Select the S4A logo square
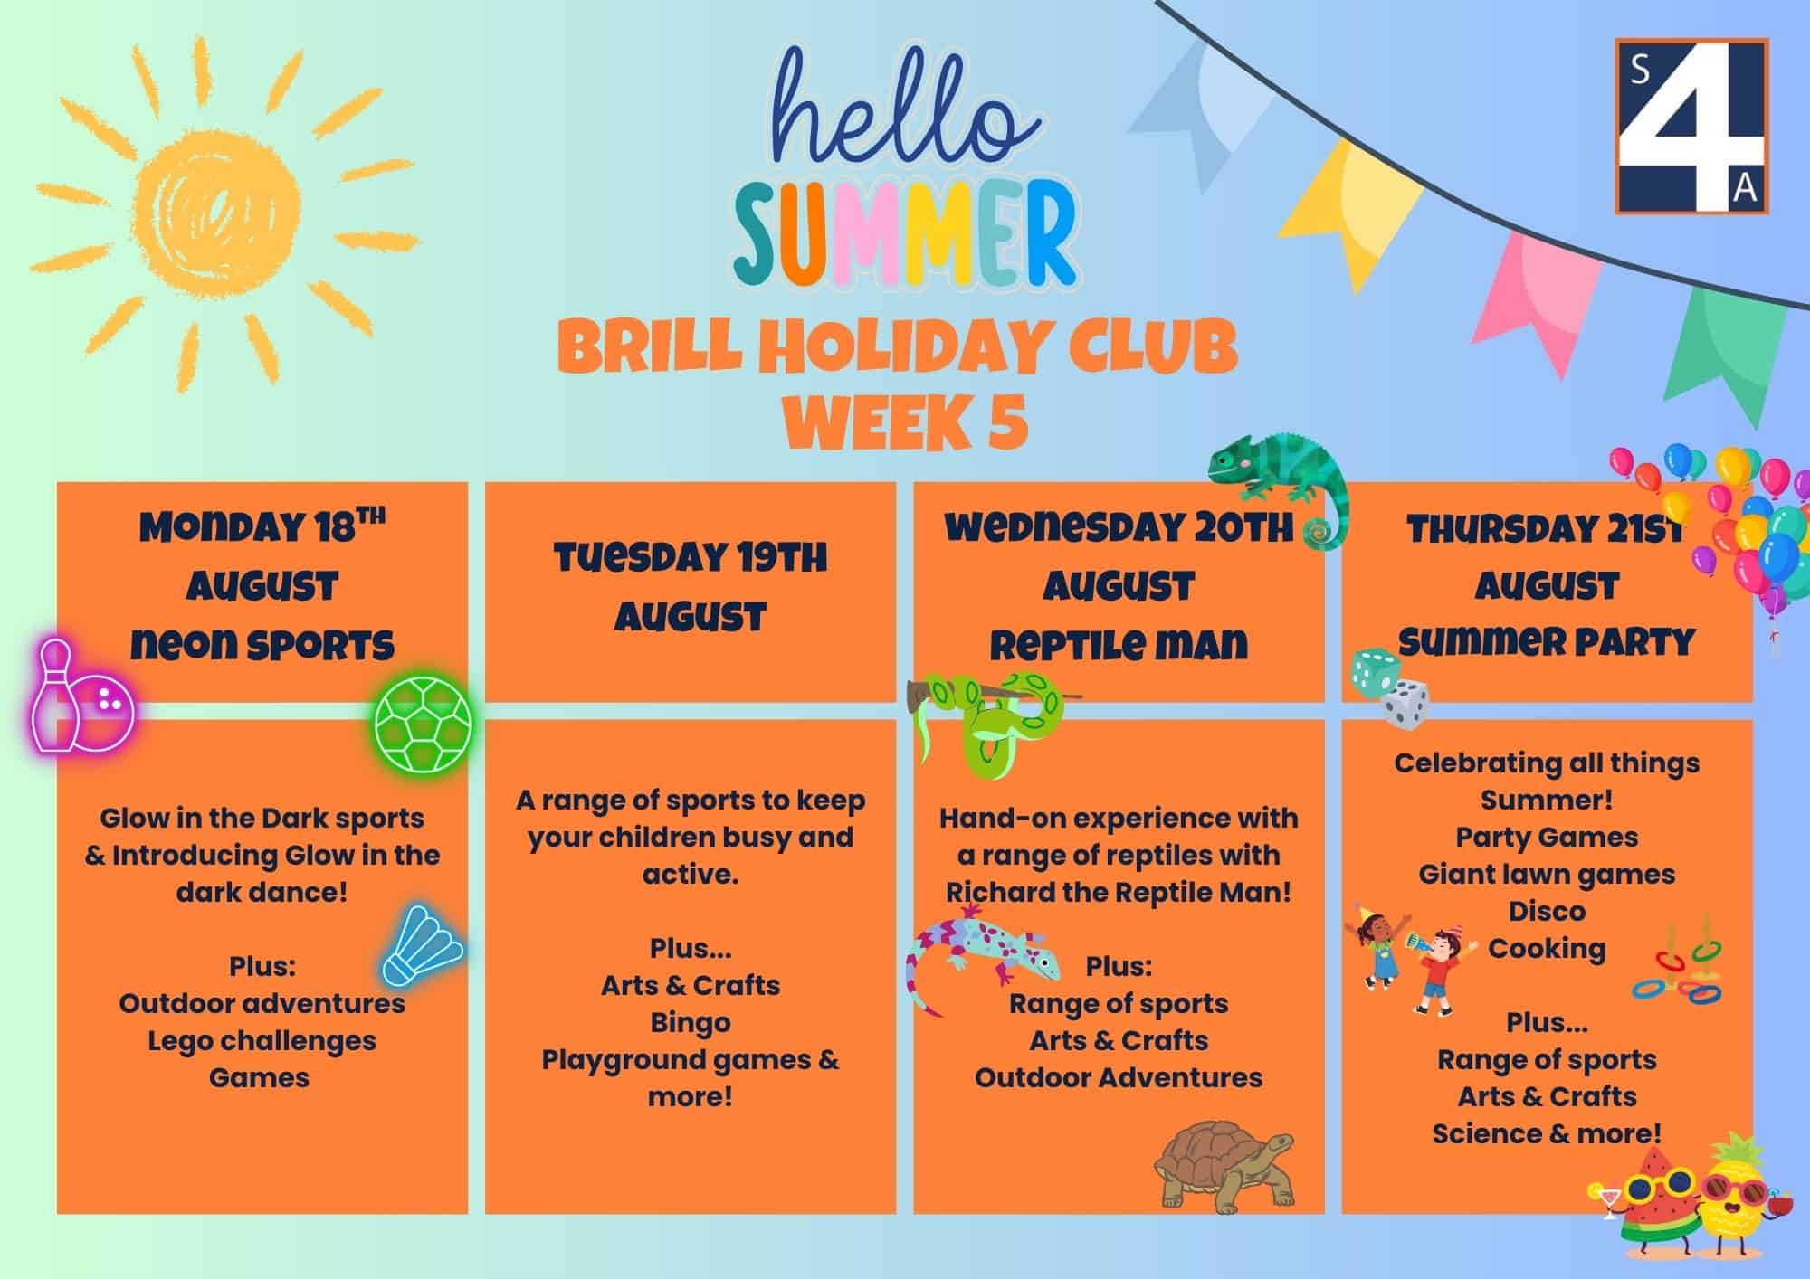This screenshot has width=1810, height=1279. pos(1691,126)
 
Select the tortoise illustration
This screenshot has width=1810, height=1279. pos(1224,1167)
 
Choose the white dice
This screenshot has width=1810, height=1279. pos(1405,704)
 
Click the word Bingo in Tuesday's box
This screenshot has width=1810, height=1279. pos(690,1022)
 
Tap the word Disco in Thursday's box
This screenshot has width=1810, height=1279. pos(1547,910)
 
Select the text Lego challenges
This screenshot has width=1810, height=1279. pos(262,1041)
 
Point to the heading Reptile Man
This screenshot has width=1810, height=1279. pos(1119,645)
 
